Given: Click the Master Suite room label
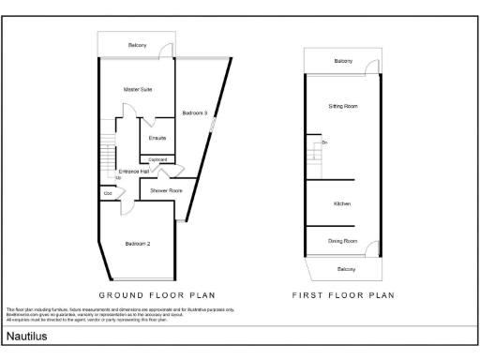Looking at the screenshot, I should point(138,89).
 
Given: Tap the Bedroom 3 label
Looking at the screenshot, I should point(195,113).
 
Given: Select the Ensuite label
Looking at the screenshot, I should point(157,138).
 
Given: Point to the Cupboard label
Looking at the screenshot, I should point(157,160).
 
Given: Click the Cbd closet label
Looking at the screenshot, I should point(109,194).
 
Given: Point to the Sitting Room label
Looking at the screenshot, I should point(342,106).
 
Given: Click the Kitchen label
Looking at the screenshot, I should point(342,203).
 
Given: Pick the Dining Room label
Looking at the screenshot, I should point(342,241).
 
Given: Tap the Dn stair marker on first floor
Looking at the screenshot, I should point(324,142).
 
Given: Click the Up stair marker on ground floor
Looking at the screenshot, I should point(118,177).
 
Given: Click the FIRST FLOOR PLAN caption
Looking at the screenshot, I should point(343,293).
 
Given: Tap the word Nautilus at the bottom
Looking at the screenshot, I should point(28,335).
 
